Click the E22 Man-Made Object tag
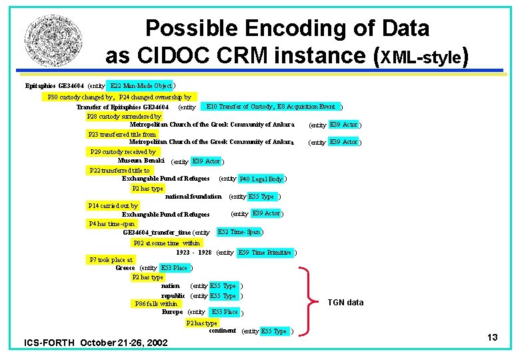click(141, 86)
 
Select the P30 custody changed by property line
click(119, 97)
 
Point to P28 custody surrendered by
click(124, 116)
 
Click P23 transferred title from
click(122, 134)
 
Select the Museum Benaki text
click(142, 161)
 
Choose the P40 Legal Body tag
click(261, 179)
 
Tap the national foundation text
click(193, 197)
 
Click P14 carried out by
click(113, 206)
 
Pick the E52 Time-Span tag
click(239, 232)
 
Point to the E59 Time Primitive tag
click(265, 253)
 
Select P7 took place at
click(111, 259)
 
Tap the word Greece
click(125, 268)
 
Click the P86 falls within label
click(156, 304)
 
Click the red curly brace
click(309, 301)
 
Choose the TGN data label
click(345, 303)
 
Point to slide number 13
click(492, 338)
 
